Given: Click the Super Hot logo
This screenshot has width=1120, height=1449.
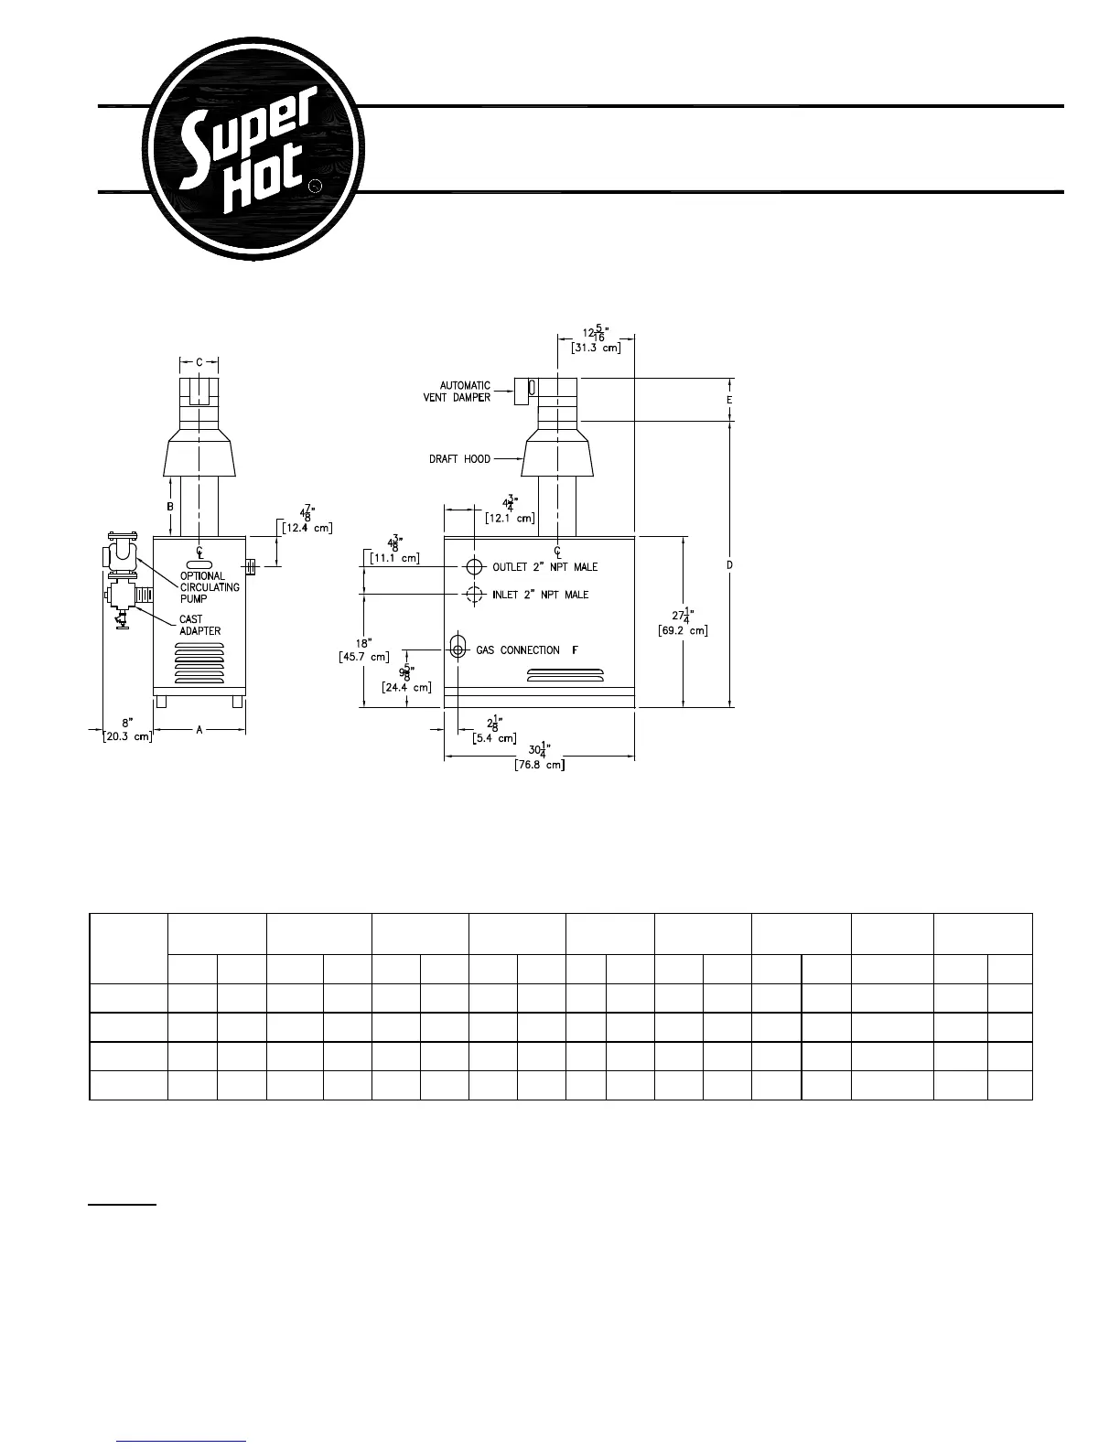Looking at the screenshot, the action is coord(253,149).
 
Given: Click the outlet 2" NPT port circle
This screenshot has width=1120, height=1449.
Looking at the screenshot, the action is coord(473,566).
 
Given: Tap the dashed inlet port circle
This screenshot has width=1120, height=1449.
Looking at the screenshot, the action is coord(473,595).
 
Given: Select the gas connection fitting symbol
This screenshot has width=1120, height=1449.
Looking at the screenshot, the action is coord(458,649).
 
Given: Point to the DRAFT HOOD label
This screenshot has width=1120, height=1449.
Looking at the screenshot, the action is coord(459,458).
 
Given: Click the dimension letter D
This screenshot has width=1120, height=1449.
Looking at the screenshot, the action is coord(729,565).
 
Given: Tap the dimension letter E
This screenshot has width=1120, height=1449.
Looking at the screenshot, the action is coord(729,400).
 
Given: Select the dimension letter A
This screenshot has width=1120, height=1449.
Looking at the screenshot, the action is coord(199,730).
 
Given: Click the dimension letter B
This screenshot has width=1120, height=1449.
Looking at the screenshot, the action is coord(169,506).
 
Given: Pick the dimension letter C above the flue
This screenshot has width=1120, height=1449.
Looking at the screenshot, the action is coord(199,362).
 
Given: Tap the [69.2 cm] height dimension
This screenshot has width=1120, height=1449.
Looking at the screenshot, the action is coord(683,630).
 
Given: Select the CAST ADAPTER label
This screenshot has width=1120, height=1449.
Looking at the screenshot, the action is coord(199,625).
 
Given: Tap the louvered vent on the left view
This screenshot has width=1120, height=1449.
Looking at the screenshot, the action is coord(198,665).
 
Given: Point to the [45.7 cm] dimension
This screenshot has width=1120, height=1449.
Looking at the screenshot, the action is coord(364,656).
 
